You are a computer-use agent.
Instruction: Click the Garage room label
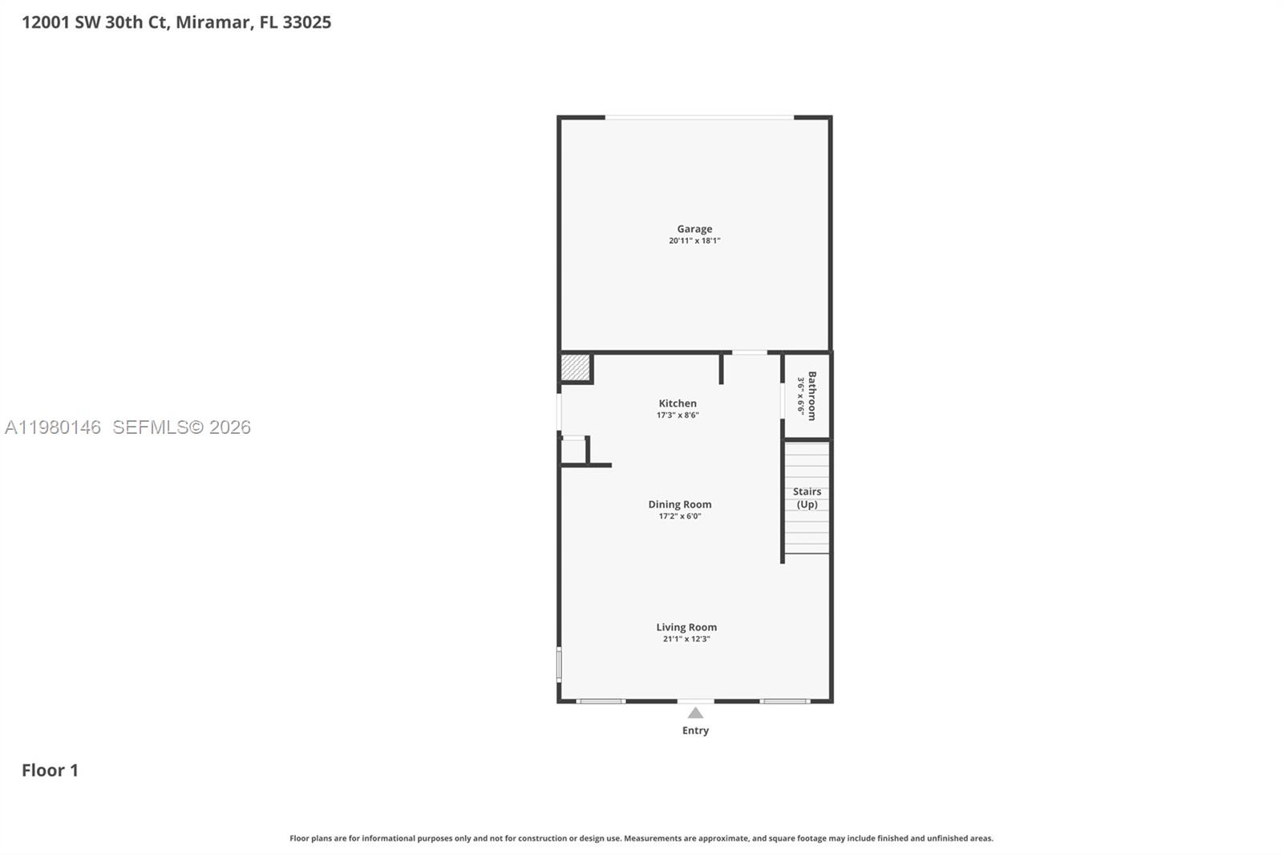[694, 229]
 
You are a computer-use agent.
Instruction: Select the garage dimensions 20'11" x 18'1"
[694, 241]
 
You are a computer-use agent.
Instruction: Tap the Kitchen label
[678, 403]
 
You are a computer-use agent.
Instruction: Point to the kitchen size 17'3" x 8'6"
[678, 415]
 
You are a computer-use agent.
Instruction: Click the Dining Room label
[680, 504]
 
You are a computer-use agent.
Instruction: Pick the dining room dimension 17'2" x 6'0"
[680, 517]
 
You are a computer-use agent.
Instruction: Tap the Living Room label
[686, 627]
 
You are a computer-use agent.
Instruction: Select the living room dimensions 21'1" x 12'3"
[686, 639]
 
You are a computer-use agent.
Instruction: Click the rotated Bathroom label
[811, 395]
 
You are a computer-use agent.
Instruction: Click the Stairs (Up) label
[807, 498]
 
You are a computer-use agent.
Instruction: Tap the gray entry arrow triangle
[695, 713]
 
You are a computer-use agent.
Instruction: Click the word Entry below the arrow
[695, 731]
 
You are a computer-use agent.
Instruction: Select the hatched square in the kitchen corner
[575, 367]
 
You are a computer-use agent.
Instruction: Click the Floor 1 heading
[50, 770]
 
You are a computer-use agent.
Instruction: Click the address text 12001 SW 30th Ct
[95, 22]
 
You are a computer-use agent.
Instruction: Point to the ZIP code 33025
[306, 22]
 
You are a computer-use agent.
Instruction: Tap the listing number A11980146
[53, 427]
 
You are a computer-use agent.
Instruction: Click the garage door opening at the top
[699, 118]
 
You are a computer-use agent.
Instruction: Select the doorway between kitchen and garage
[749, 353]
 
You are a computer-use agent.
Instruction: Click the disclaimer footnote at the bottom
[641, 838]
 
